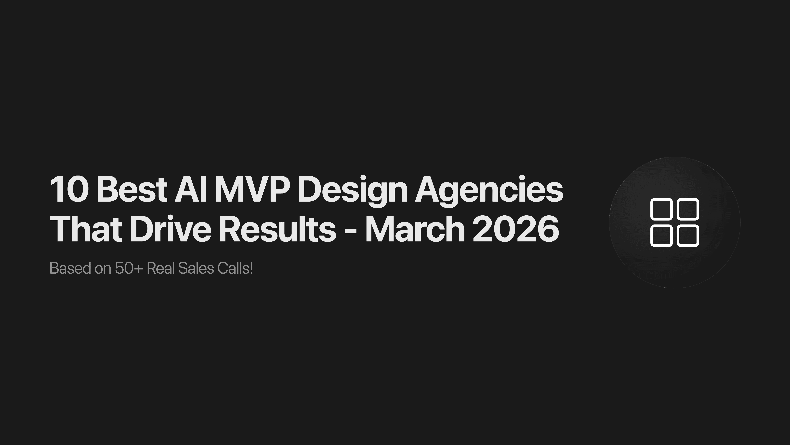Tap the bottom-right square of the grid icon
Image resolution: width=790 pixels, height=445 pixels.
(x=688, y=236)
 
